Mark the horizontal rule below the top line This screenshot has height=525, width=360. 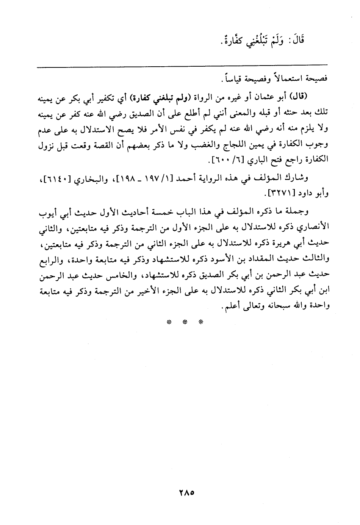coord(182,67)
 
